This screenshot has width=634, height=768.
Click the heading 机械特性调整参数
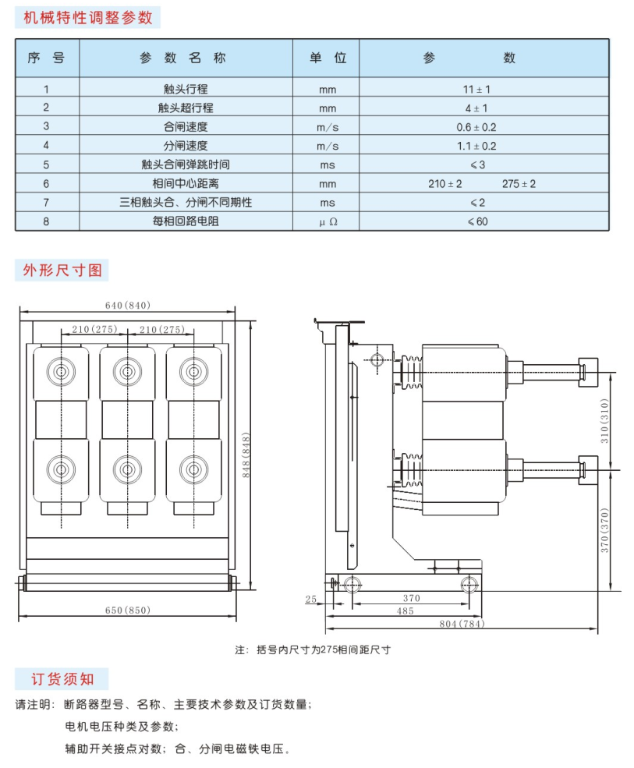click(88, 18)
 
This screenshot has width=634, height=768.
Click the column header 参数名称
click(182, 58)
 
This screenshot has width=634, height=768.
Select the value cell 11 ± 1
click(476, 89)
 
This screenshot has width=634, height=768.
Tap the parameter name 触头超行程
click(185, 108)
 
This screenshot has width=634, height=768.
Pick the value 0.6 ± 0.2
click(476, 127)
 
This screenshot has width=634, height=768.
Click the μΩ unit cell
click(328, 222)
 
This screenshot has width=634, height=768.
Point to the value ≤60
click(477, 221)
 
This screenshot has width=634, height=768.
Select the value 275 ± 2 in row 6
click(519, 184)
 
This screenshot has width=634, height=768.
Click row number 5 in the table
click(46, 165)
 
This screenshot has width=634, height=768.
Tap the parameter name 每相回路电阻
click(185, 221)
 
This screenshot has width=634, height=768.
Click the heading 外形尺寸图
click(62, 270)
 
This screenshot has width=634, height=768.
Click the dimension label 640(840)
click(127, 305)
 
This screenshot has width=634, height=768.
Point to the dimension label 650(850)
click(127, 611)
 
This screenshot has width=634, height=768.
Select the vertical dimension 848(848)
click(246, 455)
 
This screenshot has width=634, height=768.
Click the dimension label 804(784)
click(462, 624)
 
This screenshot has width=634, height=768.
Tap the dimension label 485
click(406, 611)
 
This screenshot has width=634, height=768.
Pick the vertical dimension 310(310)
click(604, 421)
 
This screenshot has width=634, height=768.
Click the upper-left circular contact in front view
click(62, 372)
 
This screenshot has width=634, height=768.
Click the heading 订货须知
click(62, 679)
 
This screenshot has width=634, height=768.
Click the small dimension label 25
click(310, 599)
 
